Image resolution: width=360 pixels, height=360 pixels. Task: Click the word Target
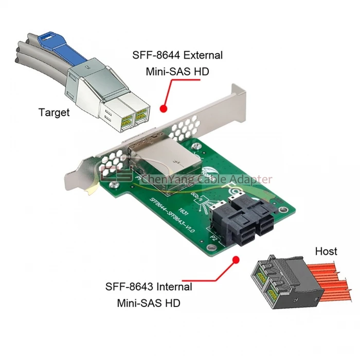(x=54, y=113)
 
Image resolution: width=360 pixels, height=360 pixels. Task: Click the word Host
(x=326, y=251)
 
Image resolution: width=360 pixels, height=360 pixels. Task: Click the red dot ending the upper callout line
(x=164, y=109)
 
